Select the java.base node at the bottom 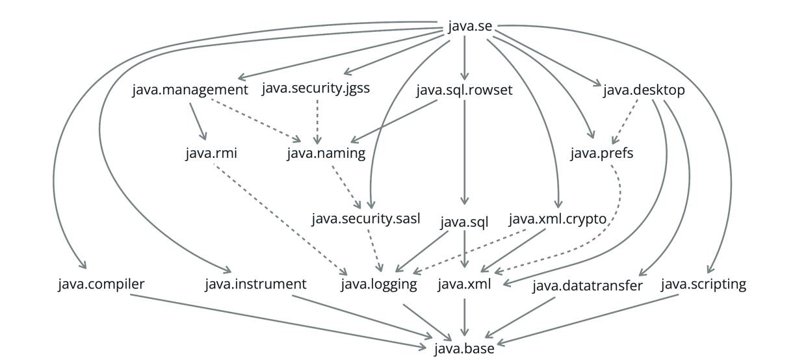(464, 349)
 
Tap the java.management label (190, 90)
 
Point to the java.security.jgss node (316, 89)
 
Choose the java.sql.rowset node (464, 90)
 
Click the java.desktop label (643, 90)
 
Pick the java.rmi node (211, 154)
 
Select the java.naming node (326, 154)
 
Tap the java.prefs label (601, 154)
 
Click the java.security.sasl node (370, 219)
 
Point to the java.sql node (464, 223)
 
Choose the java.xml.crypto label (557, 219)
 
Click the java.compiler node (101, 284)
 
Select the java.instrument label (255, 284)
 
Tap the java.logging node (379, 284)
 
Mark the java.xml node (464, 284)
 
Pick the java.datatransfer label (588, 285)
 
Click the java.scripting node (703, 284)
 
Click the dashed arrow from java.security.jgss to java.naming (317, 120)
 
